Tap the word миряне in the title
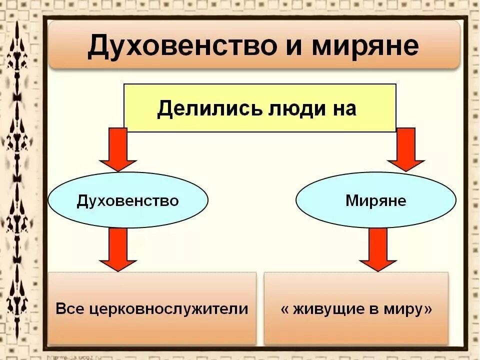click(365, 46)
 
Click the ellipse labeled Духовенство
click(128, 200)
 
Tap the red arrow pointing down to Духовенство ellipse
click(118, 149)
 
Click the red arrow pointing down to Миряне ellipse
click(405, 149)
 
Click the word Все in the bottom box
click(69, 308)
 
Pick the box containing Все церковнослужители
click(152, 308)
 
